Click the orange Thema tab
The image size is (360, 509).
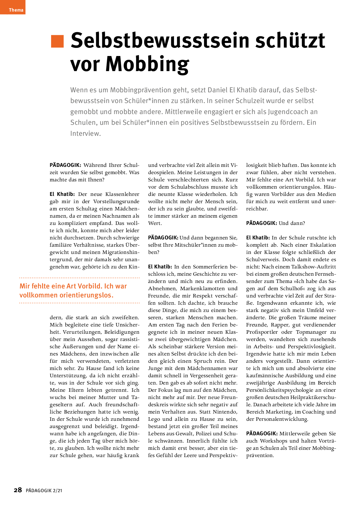click(x=13, y=8)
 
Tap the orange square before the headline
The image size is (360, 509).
click(x=57, y=41)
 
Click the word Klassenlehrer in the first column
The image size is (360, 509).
click(x=122, y=194)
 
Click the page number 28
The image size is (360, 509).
click(x=18, y=490)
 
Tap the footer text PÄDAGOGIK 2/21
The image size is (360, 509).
click(x=44, y=491)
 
